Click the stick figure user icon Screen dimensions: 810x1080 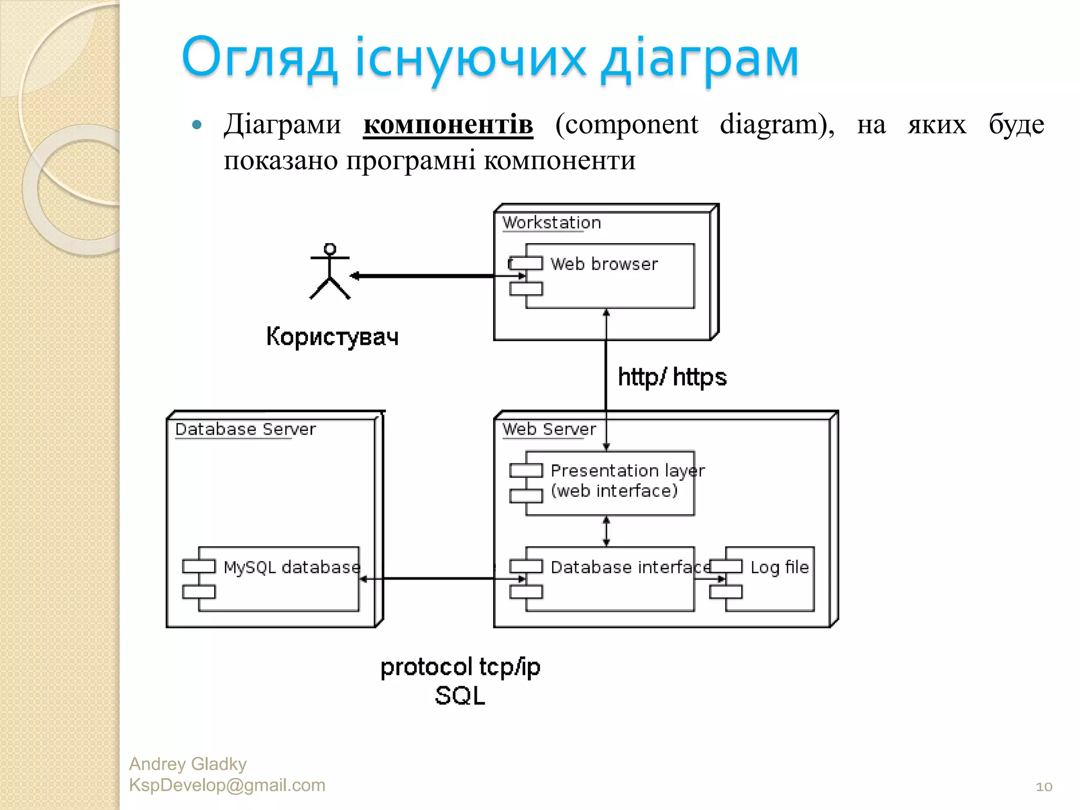pyautogui.click(x=330, y=272)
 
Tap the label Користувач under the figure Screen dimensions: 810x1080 pyautogui.click(x=332, y=337)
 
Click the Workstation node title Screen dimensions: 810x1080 pyautogui.click(x=551, y=223)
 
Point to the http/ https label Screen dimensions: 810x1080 pyautogui.click(x=672, y=377)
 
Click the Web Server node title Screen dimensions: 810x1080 pyautogui.click(x=549, y=429)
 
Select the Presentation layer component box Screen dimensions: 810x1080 pyautogui.click(x=610, y=483)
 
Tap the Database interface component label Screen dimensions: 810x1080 pyautogui.click(x=630, y=567)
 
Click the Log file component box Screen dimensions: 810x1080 pyautogui.click(x=770, y=579)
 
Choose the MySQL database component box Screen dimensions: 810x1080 pyautogui.click(x=278, y=579)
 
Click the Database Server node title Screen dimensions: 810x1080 pyautogui.click(x=245, y=429)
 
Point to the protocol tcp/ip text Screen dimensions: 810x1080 pyautogui.click(x=460, y=667)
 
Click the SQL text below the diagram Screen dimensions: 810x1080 pyautogui.click(x=460, y=696)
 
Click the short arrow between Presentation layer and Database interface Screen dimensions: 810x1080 pyautogui.click(x=606, y=531)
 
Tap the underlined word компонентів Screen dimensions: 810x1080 pyautogui.click(x=448, y=125)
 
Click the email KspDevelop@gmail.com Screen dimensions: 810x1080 pyautogui.click(x=227, y=785)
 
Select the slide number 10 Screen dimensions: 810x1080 pyautogui.click(x=1044, y=787)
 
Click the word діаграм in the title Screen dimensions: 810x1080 pyautogui.click(x=700, y=58)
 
